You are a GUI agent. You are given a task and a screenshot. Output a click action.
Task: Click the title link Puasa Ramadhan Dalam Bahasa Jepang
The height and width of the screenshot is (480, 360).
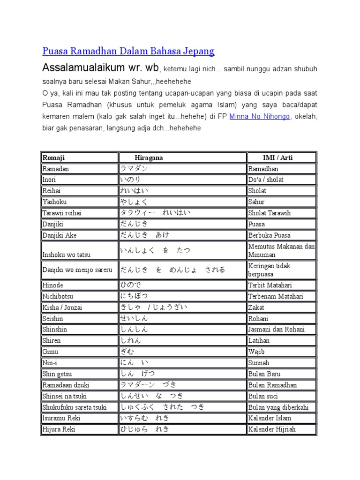[128, 51]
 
